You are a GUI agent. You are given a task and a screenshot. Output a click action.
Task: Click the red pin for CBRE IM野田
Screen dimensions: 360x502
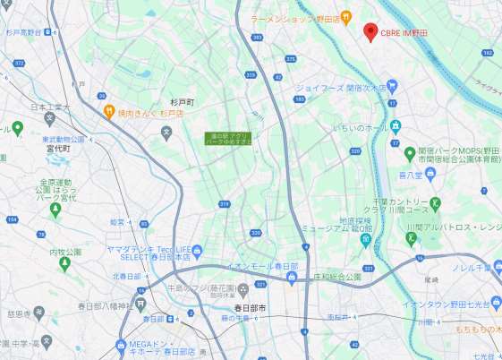tap(370, 31)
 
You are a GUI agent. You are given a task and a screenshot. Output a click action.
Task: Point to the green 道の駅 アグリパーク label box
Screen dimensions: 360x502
tap(229, 139)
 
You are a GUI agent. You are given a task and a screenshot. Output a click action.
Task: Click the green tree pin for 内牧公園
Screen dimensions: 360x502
tap(64, 264)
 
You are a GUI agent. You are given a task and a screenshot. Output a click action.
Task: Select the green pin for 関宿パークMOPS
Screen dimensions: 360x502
tap(396, 150)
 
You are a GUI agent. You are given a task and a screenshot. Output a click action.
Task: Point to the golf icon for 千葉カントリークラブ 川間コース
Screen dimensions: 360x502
tap(436, 203)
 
